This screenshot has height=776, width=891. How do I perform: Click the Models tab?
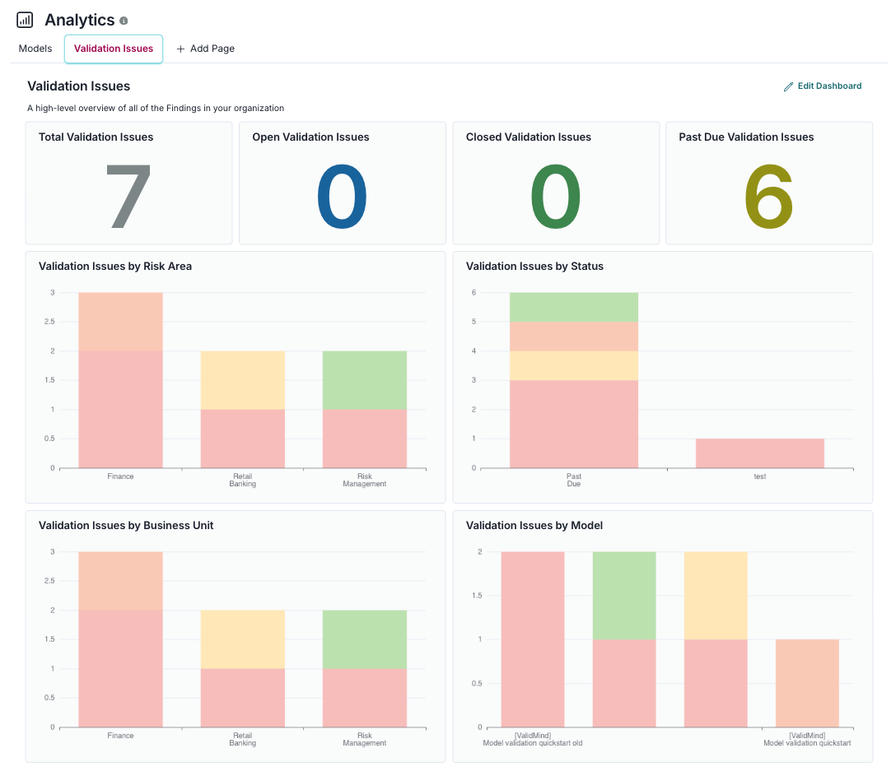[x=35, y=49]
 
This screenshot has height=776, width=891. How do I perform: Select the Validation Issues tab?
[x=114, y=49]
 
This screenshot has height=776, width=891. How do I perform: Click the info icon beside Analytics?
[x=124, y=21]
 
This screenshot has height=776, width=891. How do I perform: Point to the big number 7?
[x=128, y=197]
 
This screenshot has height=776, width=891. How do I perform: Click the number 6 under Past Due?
[x=768, y=197]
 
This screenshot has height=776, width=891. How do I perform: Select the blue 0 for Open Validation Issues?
[x=342, y=197]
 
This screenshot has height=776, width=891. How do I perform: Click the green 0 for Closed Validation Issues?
[x=555, y=197]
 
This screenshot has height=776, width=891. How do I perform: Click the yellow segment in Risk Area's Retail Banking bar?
[x=242, y=379]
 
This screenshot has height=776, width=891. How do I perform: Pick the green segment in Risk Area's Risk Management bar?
[x=364, y=379]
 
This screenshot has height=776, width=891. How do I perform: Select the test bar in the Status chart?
[x=759, y=453]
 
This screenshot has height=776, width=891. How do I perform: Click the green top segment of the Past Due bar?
[x=573, y=307]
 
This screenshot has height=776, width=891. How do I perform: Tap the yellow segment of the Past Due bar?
[x=573, y=365]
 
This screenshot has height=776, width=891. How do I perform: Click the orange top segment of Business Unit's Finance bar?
[x=120, y=580]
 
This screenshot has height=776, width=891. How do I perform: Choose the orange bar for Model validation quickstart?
[x=806, y=682]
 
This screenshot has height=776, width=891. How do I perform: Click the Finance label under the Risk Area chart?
[x=120, y=476]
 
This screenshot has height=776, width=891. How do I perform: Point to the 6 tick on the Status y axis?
[x=473, y=293]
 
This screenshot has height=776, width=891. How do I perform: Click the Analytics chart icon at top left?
[x=25, y=20]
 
